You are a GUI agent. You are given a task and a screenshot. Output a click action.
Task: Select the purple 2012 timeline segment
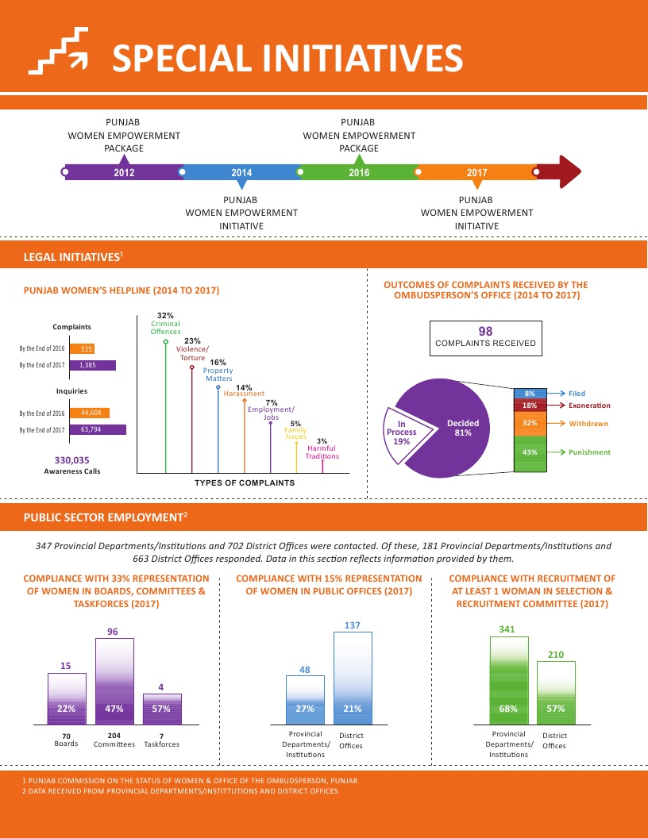[124, 171]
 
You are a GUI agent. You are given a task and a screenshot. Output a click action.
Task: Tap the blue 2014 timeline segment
[241, 171]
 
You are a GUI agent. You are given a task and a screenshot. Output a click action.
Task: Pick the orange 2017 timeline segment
[476, 171]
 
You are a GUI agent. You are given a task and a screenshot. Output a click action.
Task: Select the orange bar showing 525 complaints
[83, 348]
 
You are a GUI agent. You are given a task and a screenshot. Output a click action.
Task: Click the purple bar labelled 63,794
[98, 429]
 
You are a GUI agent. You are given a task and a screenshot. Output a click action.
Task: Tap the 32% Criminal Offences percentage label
[165, 316]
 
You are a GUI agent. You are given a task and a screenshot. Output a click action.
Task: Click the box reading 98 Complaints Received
[485, 337]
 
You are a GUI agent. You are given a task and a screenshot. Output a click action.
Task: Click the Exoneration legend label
[590, 406]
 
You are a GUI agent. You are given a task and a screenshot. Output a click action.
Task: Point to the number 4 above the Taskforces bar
[161, 686]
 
